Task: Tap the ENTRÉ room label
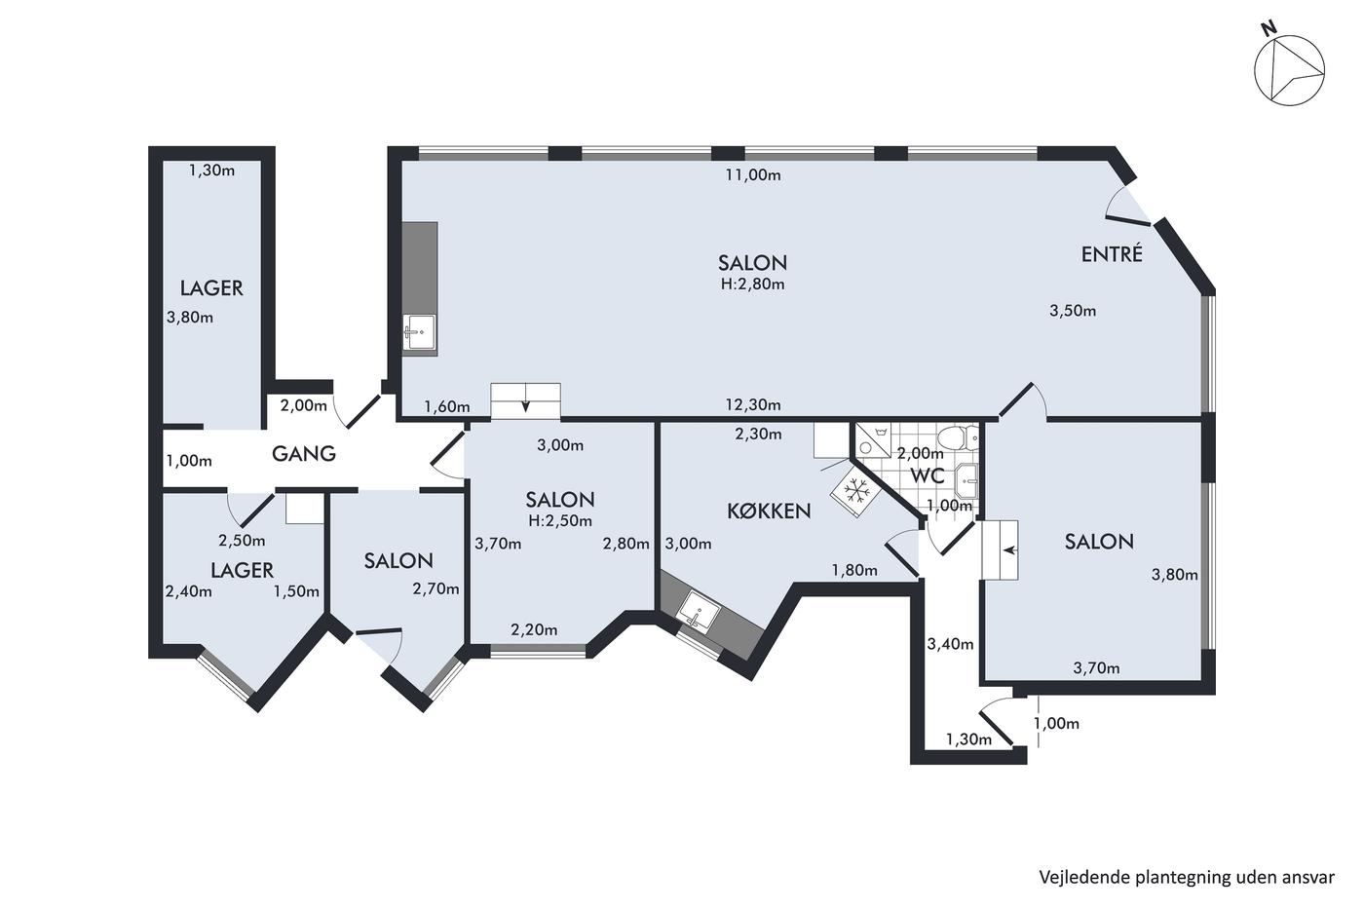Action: (x=1112, y=254)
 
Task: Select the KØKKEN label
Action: (x=769, y=511)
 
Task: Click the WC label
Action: (x=928, y=475)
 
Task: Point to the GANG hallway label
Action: (x=303, y=454)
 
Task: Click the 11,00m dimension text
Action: (x=752, y=175)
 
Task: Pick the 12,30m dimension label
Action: (x=752, y=405)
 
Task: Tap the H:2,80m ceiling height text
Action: (x=752, y=284)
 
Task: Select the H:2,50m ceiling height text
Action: (x=560, y=521)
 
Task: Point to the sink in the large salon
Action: (x=419, y=332)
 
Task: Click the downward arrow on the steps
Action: (x=525, y=405)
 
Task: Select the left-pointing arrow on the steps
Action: (x=1009, y=550)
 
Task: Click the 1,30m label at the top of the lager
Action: (x=211, y=171)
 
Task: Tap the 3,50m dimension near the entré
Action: (x=1073, y=311)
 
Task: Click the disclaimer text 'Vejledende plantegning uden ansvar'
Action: (x=1187, y=878)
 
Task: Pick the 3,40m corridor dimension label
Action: (x=950, y=644)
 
